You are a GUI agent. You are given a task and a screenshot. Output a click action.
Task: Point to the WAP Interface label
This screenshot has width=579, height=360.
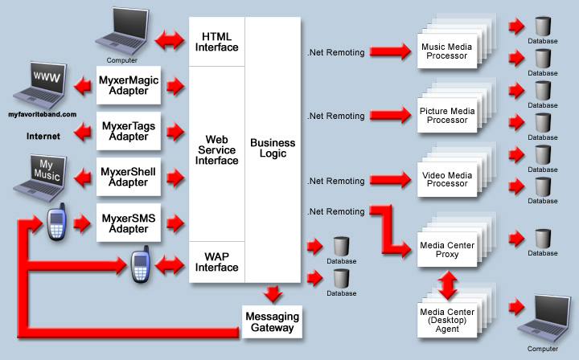coord(217,261)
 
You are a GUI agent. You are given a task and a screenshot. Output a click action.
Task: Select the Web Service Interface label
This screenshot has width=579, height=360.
coord(217,149)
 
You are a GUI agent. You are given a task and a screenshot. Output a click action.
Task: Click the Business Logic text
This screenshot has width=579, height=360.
coord(273,149)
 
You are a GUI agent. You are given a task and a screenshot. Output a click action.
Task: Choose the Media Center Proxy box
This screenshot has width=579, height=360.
coord(447,247)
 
